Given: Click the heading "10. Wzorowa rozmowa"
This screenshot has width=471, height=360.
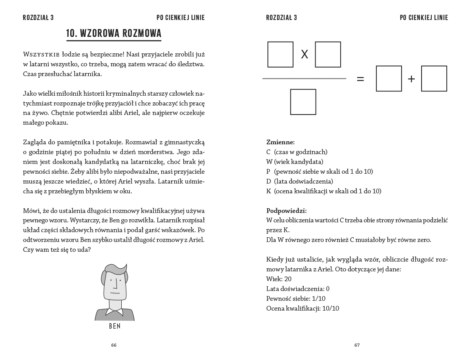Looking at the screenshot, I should [114, 33].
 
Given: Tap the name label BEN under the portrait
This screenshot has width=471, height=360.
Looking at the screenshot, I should [114, 326].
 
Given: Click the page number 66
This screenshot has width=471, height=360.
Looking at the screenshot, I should [114, 345].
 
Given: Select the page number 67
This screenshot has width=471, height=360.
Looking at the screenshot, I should [357, 345].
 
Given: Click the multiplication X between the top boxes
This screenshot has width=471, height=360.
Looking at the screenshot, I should [304, 55].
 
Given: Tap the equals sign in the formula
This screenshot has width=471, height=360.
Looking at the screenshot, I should [360, 79].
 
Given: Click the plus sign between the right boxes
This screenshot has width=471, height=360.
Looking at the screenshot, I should [411, 79].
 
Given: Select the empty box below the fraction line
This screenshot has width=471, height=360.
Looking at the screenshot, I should [303, 102].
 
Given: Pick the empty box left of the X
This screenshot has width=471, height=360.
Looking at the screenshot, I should [280, 55].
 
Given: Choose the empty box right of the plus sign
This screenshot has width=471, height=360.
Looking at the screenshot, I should [434, 79].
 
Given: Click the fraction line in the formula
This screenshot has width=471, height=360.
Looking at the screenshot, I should [304, 79].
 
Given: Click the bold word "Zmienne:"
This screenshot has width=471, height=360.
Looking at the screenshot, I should [280, 142].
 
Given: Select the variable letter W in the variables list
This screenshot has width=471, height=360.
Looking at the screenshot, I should [269, 162].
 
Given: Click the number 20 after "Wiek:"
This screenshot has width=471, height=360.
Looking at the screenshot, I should [288, 279].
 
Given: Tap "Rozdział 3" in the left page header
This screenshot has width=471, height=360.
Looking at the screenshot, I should [38, 18].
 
